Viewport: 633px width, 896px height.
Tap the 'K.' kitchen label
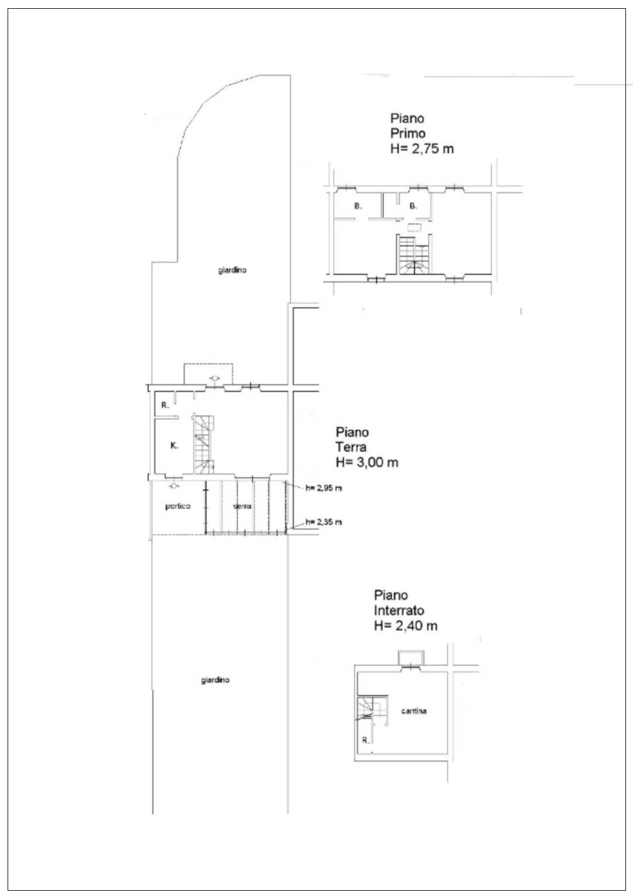pos(174,445)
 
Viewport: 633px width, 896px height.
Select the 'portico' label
pos(177,506)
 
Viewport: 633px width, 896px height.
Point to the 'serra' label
pos(242,506)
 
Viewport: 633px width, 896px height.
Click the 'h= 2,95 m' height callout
pos(323,488)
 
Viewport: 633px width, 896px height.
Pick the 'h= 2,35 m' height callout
pos(323,522)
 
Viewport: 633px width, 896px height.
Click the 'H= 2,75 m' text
pos(422,149)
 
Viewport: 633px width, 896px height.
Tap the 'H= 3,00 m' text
pos(367,462)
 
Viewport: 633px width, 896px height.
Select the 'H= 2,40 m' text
pos(405,626)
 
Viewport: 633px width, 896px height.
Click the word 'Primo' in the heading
pos(407,133)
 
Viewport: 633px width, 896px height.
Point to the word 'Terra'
pos(351,447)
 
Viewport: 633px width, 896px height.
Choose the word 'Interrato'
pos(398,611)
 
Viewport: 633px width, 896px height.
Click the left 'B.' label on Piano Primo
pos(358,206)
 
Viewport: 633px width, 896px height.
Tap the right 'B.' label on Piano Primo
pos(413,206)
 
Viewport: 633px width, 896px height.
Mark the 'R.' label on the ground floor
pos(165,405)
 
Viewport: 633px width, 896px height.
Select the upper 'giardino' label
pos(232,270)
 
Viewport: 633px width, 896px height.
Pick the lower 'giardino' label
pos(215,680)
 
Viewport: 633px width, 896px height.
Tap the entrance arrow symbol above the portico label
pos(173,486)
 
